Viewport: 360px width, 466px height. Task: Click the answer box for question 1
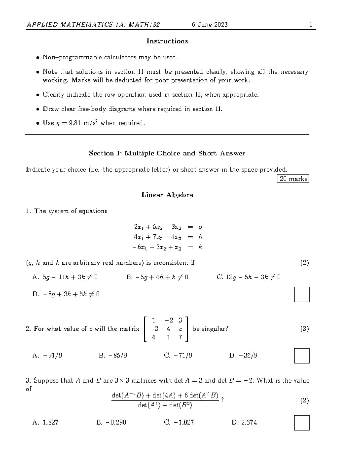[301, 294]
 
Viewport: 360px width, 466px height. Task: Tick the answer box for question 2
[301, 356]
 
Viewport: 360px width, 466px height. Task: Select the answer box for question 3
[301, 423]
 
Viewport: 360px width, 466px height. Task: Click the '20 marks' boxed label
[293, 179]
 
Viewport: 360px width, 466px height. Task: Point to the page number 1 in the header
[311, 25]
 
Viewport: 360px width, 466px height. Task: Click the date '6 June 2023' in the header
[210, 25]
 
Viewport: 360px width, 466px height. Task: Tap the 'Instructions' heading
[167, 41]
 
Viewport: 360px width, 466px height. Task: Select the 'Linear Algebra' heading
[167, 195]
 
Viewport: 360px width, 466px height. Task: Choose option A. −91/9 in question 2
[47, 356]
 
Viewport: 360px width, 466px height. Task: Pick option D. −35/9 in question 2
[243, 356]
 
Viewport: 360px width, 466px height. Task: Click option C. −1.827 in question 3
[179, 422]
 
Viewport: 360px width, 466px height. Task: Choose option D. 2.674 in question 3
[244, 422]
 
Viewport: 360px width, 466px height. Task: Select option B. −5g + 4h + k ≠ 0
[157, 277]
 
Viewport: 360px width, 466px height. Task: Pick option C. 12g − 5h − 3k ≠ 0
[249, 277]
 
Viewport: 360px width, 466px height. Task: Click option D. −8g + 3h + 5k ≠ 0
[66, 294]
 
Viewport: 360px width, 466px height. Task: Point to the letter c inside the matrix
[181, 329]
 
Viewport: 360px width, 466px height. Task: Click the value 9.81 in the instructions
[75, 123]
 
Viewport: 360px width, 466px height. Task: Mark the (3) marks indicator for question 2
[304, 329]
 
